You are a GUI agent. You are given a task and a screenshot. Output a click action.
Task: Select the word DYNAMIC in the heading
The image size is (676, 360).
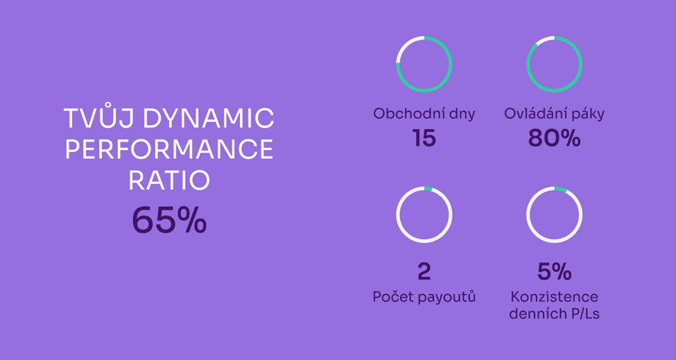coord(209,119)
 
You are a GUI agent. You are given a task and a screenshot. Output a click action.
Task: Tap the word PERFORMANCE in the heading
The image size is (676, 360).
coord(169,149)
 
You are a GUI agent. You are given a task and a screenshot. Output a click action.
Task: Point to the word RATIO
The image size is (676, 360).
coord(169,180)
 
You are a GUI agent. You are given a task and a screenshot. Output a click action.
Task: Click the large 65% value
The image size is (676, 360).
coord(169,220)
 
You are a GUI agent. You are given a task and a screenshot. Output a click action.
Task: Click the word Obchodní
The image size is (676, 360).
coord(406,113)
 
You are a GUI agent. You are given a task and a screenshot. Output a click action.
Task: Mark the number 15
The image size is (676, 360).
coord(424,138)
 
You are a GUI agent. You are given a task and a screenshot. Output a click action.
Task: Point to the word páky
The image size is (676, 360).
coord(589,114)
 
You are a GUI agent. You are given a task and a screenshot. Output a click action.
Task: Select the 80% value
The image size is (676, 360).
coord(555,138)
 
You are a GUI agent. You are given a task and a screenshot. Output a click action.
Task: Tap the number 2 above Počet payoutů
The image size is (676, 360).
coord(424,271)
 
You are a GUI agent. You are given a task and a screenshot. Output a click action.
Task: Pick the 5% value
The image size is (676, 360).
coord(555,271)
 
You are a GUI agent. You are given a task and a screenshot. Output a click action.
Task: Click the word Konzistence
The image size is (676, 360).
coord(555,297)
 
